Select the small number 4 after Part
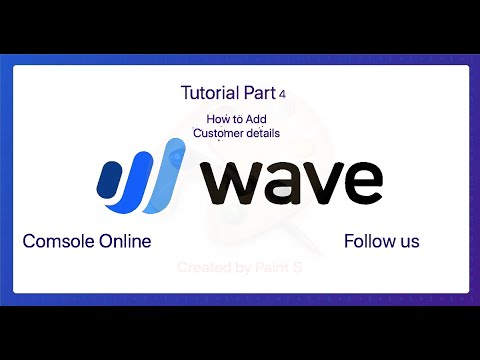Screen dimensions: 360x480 (283, 94)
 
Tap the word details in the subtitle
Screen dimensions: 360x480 (262, 132)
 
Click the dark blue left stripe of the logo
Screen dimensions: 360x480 (109, 180)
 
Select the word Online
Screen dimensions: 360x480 (125, 241)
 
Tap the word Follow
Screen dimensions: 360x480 (368, 241)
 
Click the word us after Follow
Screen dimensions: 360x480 (408, 242)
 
